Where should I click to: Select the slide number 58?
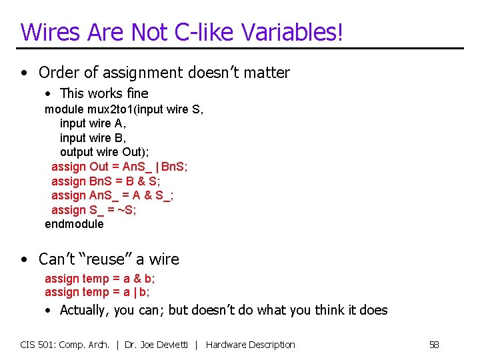click(x=434, y=345)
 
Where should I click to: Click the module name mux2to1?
click(x=111, y=109)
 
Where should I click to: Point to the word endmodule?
click(x=74, y=224)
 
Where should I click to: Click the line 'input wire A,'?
click(x=93, y=123)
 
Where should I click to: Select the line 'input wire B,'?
click(x=93, y=138)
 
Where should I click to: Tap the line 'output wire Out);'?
click(x=105, y=152)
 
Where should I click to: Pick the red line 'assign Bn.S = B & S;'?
click(x=106, y=181)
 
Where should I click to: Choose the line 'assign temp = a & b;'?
click(x=100, y=279)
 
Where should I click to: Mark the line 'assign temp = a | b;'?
click(x=97, y=292)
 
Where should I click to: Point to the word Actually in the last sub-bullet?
click(x=83, y=310)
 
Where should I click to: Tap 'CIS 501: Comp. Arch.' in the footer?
click(x=65, y=345)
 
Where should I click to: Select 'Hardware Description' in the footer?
click(x=251, y=345)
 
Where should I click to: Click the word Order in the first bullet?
click(x=58, y=72)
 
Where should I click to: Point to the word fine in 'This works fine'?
click(x=136, y=93)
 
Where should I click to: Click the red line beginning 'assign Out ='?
click(x=120, y=167)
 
